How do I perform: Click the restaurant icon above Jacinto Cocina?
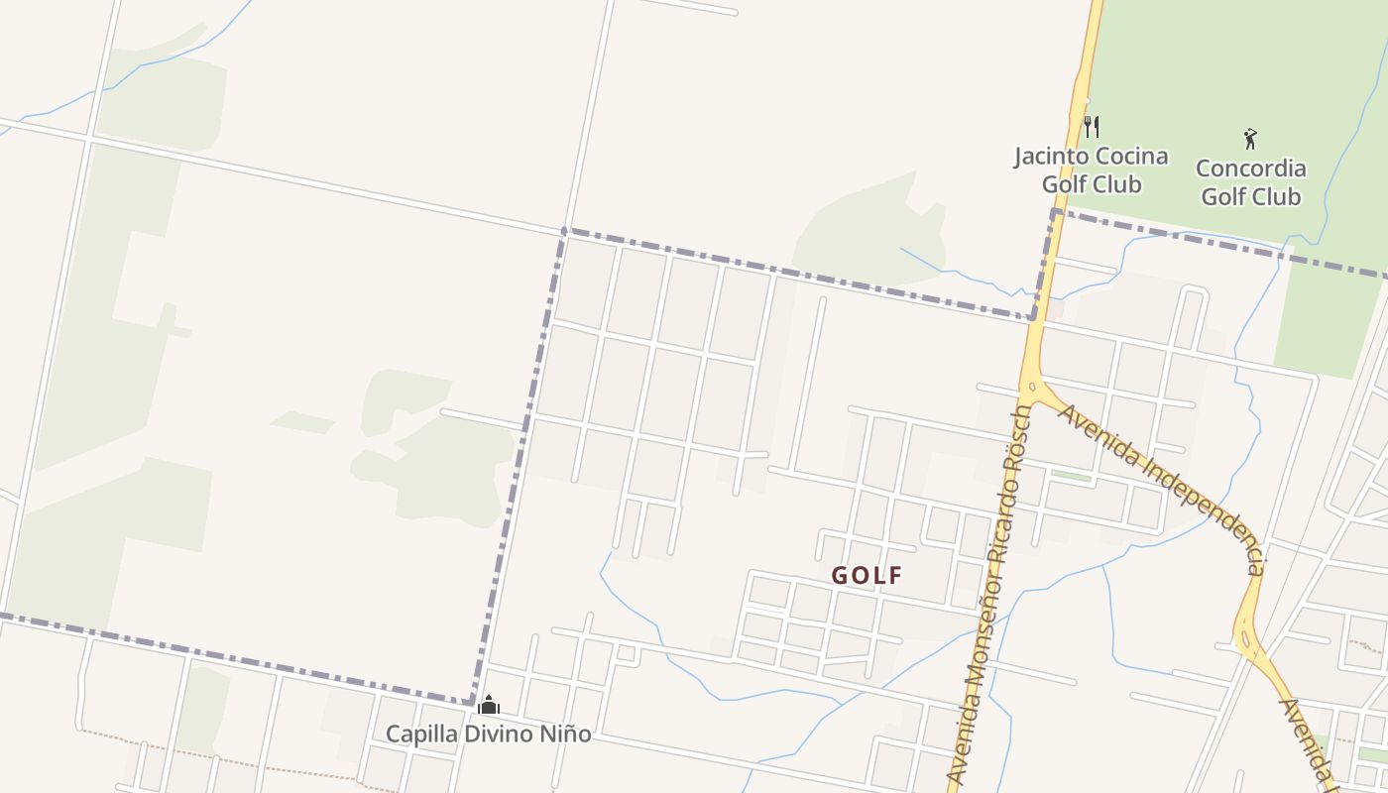(x=1091, y=126)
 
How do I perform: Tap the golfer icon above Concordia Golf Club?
(x=1250, y=139)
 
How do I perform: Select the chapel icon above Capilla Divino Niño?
(x=488, y=705)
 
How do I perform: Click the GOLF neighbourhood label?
(x=867, y=576)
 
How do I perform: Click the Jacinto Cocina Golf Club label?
(x=1091, y=170)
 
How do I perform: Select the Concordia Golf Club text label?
(x=1250, y=182)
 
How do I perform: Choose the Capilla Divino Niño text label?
(x=488, y=735)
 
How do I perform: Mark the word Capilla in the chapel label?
(x=418, y=735)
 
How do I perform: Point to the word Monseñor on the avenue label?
(x=981, y=633)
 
